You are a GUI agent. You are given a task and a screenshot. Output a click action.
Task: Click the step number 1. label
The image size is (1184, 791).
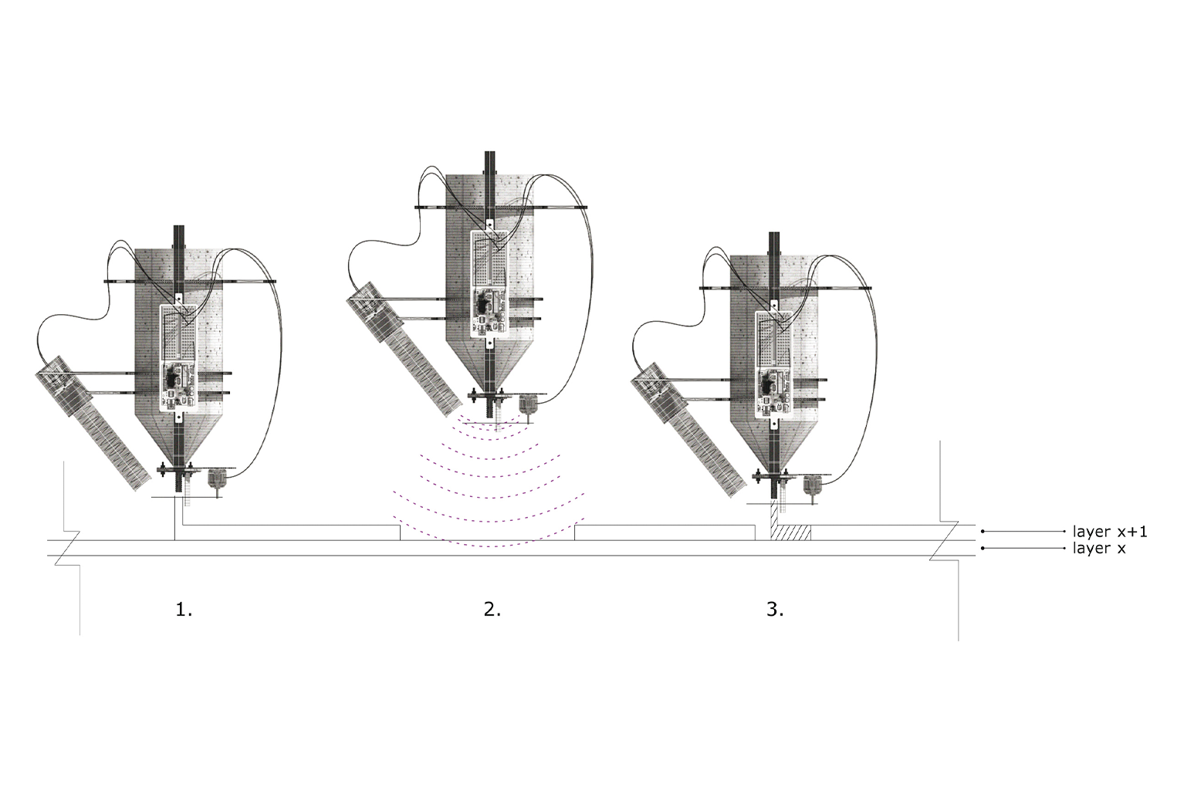(184, 610)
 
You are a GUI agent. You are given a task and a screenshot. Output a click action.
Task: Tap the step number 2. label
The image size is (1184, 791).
(492, 610)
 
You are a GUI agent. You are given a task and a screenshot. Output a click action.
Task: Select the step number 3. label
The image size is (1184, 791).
(775, 610)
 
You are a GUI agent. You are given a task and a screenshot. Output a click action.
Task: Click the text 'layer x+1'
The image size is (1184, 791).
(1110, 531)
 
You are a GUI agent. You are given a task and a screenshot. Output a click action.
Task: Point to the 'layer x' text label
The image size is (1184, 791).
(1099, 549)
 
